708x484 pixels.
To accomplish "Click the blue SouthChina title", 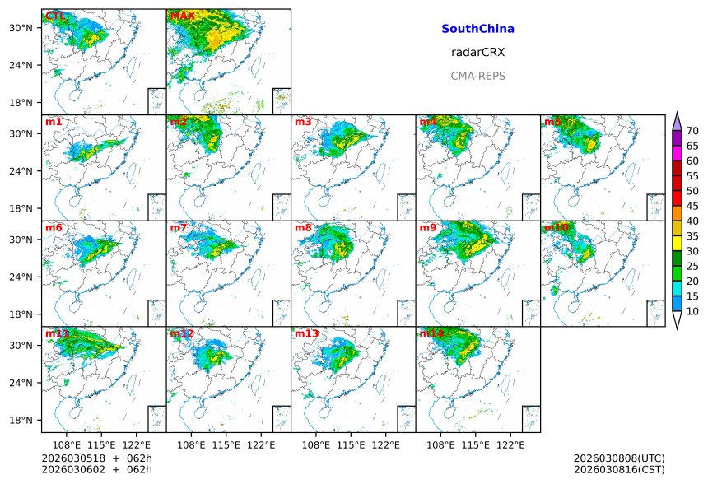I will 477,29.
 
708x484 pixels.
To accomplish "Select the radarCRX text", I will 477,52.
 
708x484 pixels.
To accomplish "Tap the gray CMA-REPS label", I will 477,76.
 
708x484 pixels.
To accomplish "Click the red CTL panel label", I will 56,16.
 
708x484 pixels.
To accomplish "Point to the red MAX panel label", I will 182,16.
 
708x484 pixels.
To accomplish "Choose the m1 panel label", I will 54,122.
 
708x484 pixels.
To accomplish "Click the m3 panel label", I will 303,122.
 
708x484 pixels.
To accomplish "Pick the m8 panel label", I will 303,227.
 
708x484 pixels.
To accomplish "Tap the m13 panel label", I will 306,333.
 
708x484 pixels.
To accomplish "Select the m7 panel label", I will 179,227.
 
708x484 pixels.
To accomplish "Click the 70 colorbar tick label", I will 692,131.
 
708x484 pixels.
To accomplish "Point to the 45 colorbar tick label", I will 692,206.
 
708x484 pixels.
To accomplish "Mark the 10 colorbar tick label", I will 692,311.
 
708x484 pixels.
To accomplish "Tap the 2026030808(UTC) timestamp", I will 618,458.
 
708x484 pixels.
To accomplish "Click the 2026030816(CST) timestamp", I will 618,469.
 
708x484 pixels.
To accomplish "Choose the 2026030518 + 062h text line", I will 91,458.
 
